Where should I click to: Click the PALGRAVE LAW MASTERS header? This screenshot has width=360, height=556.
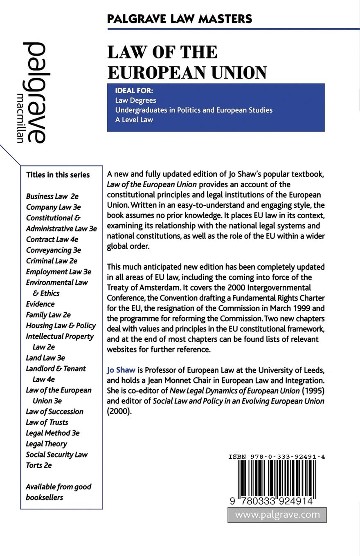point(179,19)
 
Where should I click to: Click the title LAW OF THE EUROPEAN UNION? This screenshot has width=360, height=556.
point(187,62)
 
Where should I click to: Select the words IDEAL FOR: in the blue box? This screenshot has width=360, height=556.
point(137,91)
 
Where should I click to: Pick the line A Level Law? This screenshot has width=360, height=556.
point(134,120)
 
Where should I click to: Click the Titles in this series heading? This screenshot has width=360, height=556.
point(58,175)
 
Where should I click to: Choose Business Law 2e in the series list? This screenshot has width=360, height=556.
point(52,196)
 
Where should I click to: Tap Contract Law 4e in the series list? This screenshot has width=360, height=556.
point(52,239)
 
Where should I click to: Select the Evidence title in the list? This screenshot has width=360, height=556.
point(40,304)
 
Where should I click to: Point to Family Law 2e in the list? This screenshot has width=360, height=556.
point(48,314)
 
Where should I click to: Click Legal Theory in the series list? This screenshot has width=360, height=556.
point(46,444)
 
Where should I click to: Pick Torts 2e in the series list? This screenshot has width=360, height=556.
point(39,465)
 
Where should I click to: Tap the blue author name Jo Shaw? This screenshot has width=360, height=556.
point(121,370)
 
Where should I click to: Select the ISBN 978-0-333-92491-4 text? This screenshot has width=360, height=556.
point(277,457)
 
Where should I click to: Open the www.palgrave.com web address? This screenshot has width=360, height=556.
point(277,515)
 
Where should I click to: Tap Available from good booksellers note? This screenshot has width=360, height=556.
point(59,492)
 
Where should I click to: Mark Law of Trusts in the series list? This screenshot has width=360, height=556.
point(47,422)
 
